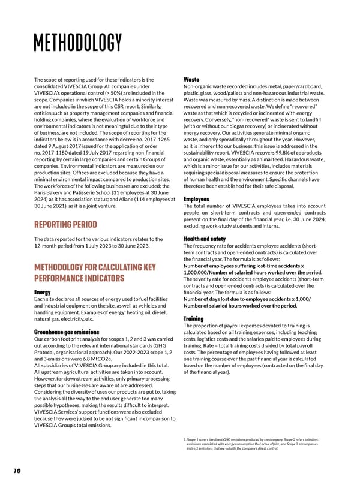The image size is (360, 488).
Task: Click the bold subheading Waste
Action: coord(191,79)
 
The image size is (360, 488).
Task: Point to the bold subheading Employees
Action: coord(196,199)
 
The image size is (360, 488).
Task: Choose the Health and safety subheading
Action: coord(205,239)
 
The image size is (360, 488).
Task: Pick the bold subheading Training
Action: coord(194,318)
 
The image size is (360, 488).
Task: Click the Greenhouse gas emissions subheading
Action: coord(67,332)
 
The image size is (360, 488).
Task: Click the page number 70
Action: coord(17,471)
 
